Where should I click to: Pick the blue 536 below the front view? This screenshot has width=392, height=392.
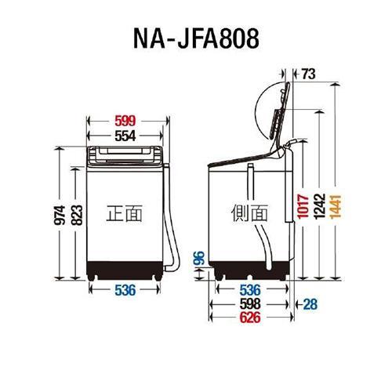(125, 291)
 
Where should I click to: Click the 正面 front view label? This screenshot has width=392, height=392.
(125, 212)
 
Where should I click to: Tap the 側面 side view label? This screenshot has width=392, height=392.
(250, 212)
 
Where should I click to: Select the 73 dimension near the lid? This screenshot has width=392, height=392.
(307, 74)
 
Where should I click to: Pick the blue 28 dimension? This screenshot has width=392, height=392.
(311, 304)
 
